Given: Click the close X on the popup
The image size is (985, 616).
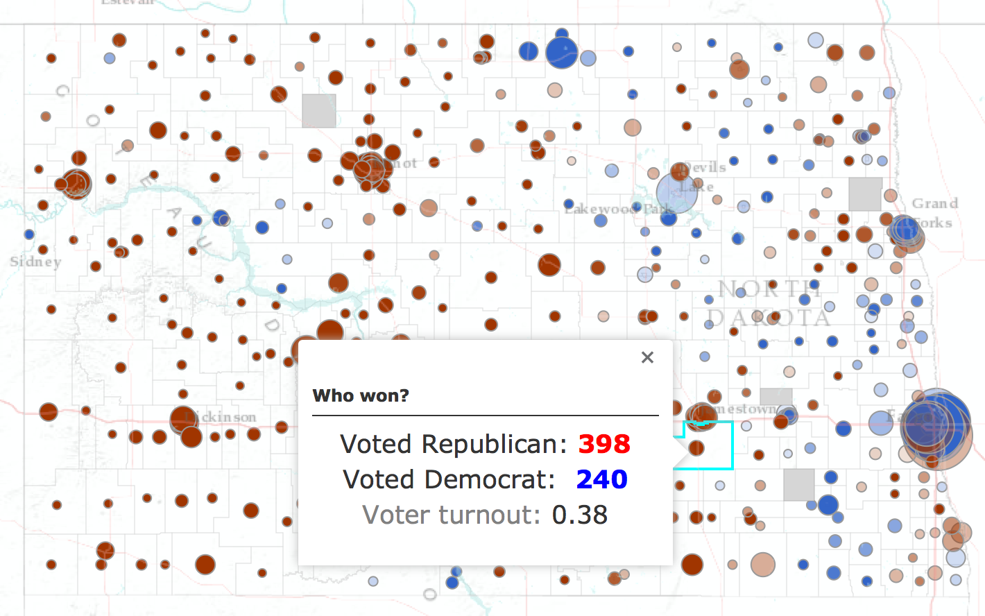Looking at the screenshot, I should [647, 357].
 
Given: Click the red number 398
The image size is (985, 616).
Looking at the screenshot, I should [604, 444].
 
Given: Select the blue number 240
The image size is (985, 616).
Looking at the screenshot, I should [601, 479].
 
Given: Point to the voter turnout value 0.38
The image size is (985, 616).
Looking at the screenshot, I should [579, 515].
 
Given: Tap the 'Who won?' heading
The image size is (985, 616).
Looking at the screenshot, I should [361, 395].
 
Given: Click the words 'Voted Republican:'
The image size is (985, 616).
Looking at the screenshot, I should [454, 444].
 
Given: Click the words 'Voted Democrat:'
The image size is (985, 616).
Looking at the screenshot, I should [449, 479].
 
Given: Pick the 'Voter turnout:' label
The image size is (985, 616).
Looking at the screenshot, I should [451, 515].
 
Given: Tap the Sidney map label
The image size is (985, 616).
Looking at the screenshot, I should [35, 262].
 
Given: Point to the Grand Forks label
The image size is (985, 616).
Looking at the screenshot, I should [934, 213].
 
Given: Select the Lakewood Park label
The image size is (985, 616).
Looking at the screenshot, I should [617, 209].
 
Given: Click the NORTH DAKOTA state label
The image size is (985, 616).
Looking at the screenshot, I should [769, 303].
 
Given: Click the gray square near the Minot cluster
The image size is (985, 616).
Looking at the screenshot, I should [319, 110].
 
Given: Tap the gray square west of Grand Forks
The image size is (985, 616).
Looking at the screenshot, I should [865, 194].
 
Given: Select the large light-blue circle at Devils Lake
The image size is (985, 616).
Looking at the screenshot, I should [676, 193].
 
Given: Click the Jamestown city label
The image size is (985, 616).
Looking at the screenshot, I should [746, 409].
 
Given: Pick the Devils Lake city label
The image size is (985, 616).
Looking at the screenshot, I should [704, 176].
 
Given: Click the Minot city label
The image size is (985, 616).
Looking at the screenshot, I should [402, 164].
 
